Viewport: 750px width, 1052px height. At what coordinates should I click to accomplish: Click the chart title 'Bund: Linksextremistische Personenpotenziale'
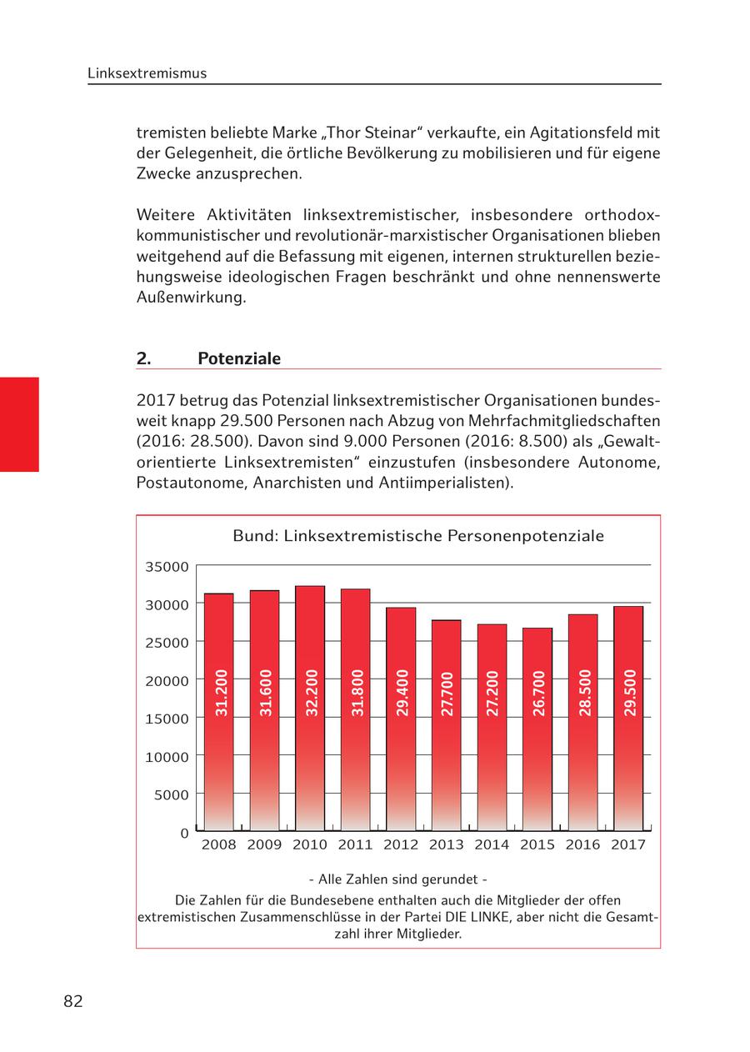pyautogui.click(x=417, y=536)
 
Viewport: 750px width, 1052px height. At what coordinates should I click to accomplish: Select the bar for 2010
pyautogui.click(x=310, y=709)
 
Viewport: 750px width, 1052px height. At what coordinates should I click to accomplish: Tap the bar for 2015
pyautogui.click(x=537, y=729)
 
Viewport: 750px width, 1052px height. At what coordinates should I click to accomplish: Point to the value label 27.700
pyautogui.click(x=447, y=693)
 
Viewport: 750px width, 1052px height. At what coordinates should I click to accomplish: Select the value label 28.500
pyautogui.click(x=584, y=693)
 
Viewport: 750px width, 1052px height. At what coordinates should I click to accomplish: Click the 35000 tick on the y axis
pyautogui.click(x=167, y=567)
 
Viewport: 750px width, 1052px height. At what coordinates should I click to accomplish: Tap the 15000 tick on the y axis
pyautogui.click(x=167, y=719)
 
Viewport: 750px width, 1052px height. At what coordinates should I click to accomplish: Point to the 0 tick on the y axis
pyautogui.click(x=184, y=833)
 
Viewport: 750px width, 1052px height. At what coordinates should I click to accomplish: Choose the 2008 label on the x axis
pyautogui.click(x=219, y=844)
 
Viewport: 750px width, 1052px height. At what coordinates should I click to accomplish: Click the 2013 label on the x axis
pyautogui.click(x=446, y=844)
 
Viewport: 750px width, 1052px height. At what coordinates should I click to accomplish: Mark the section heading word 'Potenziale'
pyautogui.click(x=239, y=358)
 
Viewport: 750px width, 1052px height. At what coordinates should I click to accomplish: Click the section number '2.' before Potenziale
pyautogui.click(x=143, y=358)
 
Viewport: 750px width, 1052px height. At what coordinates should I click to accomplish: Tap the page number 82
pyautogui.click(x=73, y=1001)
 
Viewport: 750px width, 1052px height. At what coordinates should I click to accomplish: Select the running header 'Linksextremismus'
pyautogui.click(x=147, y=73)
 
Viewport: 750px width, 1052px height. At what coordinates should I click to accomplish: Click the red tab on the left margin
pyautogui.click(x=19, y=424)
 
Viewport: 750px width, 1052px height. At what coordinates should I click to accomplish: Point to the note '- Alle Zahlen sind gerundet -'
pyautogui.click(x=397, y=879)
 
